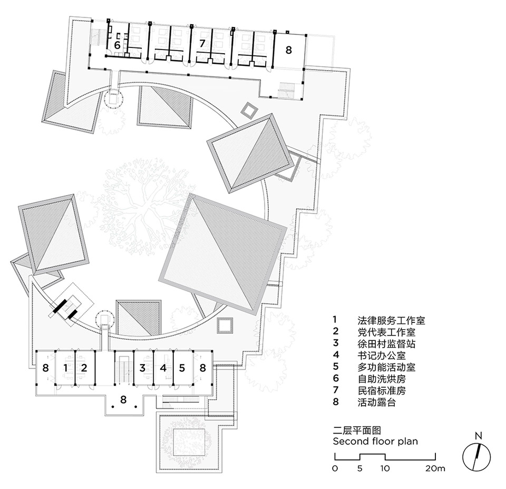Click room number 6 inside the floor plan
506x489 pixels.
click(x=117, y=45)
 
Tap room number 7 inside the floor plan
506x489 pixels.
click(x=201, y=44)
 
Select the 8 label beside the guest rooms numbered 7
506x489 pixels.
click(x=288, y=50)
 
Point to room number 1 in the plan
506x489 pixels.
click(x=66, y=367)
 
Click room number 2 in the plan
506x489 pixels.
click(x=84, y=367)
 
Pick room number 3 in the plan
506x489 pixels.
click(x=143, y=367)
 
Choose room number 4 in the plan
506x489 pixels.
click(x=163, y=367)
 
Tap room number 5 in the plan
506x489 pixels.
click(x=182, y=367)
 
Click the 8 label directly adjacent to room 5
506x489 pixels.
click(x=202, y=367)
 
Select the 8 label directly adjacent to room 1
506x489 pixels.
click(x=46, y=367)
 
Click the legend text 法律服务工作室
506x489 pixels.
click(x=391, y=320)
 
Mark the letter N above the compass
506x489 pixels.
click(x=478, y=436)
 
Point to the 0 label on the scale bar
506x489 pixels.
click(x=335, y=468)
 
